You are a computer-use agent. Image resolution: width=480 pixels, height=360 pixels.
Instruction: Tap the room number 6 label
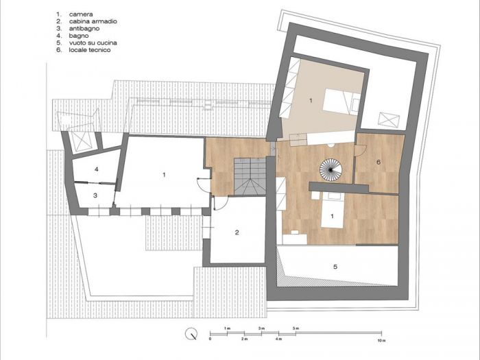pos(378,163)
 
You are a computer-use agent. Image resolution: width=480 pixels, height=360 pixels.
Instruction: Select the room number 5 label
pos(335,266)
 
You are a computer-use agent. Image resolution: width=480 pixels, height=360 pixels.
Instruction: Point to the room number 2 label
pos(237,233)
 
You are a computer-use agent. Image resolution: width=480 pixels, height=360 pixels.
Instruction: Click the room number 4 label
pos(97,169)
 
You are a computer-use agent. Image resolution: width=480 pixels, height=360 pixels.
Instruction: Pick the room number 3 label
pos(96,196)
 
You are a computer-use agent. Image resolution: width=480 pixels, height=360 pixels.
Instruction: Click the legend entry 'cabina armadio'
pos(93,22)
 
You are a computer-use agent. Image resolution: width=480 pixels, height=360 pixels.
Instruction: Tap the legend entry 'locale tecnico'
pos(90,50)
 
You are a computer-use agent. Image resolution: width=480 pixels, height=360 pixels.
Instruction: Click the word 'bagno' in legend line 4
pos(80,36)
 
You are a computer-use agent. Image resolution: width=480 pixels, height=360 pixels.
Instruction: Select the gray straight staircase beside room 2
pos(250,176)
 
